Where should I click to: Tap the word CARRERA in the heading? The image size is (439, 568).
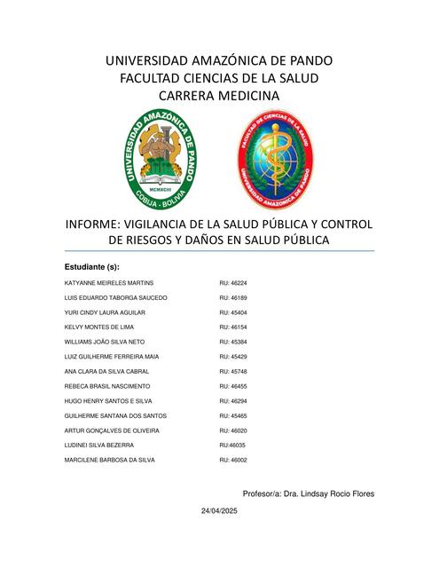point(188,95)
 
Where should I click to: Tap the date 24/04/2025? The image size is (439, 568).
point(219,513)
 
